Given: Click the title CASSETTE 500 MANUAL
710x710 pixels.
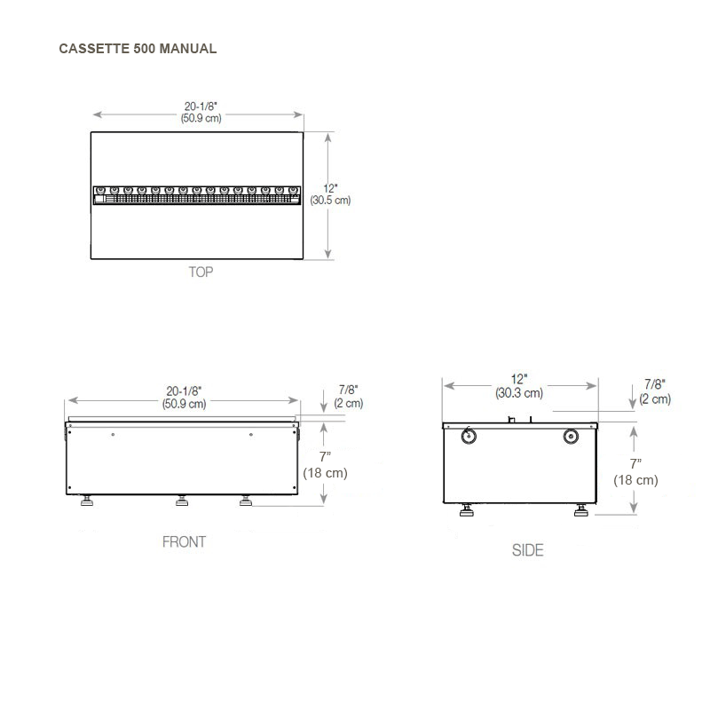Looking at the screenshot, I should tap(138, 49).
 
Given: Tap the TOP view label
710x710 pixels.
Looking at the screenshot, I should tap(201, 272).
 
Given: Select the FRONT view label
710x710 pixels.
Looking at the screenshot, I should tap(184, 541).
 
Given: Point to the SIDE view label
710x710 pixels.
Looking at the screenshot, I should tap(527, 550).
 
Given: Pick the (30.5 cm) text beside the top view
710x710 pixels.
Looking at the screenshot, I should tap(330, 201).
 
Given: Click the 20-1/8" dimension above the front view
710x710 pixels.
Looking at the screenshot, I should tap(184, 390).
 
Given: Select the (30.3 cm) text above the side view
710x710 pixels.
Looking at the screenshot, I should tap(519, 392).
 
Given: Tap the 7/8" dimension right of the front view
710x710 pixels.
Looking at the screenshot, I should tap(349, 389).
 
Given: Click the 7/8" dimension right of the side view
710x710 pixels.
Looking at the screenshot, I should tap(655, 384).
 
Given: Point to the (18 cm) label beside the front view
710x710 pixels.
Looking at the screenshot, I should tap(325, 473).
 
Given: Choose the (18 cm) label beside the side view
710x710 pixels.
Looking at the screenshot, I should tap(635, 480).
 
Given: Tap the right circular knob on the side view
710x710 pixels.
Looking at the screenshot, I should tap(571, 436).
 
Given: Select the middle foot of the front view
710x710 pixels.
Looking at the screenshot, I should tap(182, 502).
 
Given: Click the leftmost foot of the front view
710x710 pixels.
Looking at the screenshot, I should tap(89, 502).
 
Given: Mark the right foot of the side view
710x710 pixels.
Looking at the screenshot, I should tap(581, 511).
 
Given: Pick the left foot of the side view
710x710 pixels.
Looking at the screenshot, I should tap(466, 511).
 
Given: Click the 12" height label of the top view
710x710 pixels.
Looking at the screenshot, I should tap(330, 188).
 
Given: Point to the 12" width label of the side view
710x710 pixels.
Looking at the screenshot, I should tap(519, 379).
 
